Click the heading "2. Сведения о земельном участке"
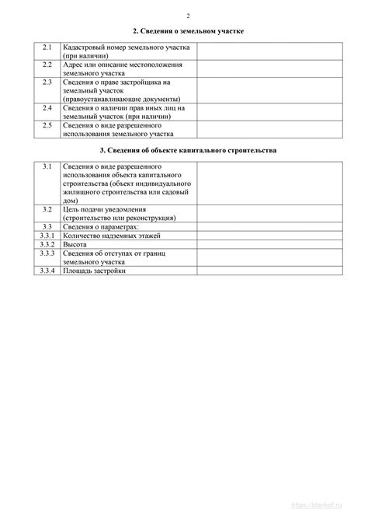[x=189, y=31]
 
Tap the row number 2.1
[x=47, y=47]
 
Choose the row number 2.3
[x=47, y=81]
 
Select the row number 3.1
[x=47, y=166]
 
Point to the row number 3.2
[x=47, y=209]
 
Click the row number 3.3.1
[x=47, y=235]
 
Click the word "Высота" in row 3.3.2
[x=75, y=243]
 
